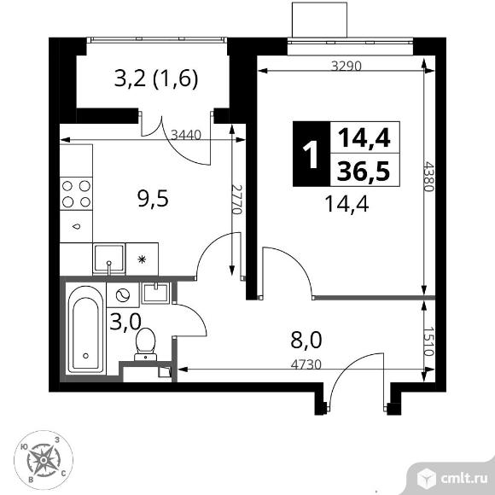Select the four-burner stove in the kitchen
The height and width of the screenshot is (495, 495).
[x=76, y=195]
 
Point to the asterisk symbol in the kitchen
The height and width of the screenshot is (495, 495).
[x=142, y=257]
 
